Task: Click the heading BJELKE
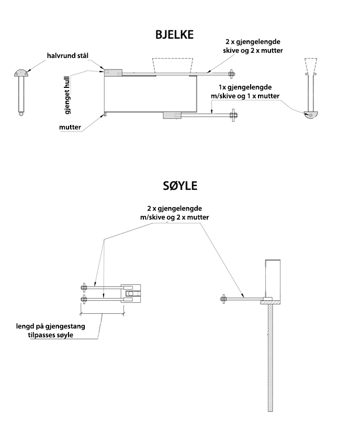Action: [x=174, y=35]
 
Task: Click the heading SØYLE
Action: [x=179, y=186]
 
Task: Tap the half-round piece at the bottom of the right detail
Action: [x=310, y=115]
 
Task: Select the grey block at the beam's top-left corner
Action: [x=113, y=73]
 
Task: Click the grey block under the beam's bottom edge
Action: [x=172, y=115]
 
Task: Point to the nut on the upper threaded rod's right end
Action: [x=232, y=73]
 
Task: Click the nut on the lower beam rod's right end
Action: [x=232, y=115]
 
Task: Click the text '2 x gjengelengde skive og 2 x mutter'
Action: [x=255, y=46]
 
